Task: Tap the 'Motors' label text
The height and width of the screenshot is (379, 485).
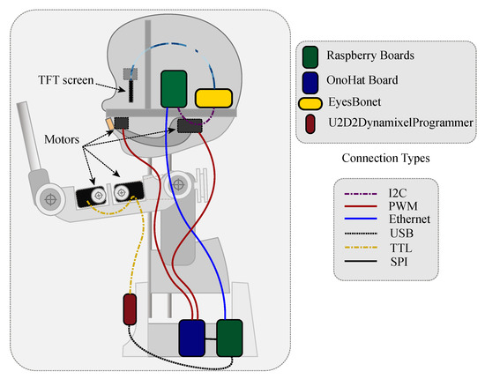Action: (63, 138)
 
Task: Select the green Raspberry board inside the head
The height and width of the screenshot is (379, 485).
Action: (173, 89)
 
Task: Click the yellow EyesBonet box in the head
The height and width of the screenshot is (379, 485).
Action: (213, 99)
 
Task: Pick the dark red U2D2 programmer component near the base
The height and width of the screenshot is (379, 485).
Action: (129, 311)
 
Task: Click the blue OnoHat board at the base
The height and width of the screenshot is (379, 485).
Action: (191, 336)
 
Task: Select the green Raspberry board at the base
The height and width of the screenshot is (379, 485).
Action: (229, 336)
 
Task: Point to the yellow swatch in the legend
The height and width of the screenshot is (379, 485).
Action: (312, 104)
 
